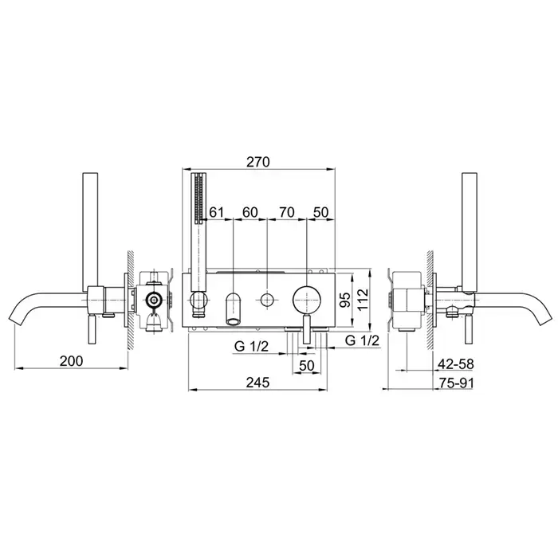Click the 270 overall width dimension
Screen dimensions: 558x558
[258, 162]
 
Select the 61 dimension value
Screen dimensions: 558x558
[216, 213]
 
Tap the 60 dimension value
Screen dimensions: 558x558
[250, 213]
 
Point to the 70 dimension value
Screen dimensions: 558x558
[287, 213]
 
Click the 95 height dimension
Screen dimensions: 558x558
[345, 299]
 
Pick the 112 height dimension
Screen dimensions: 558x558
[363, 300]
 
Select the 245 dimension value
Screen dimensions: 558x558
[257, 383]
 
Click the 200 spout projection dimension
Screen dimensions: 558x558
[71, 361]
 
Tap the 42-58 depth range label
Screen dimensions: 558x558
[456, 364]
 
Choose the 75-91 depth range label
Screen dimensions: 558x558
[456, 383]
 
